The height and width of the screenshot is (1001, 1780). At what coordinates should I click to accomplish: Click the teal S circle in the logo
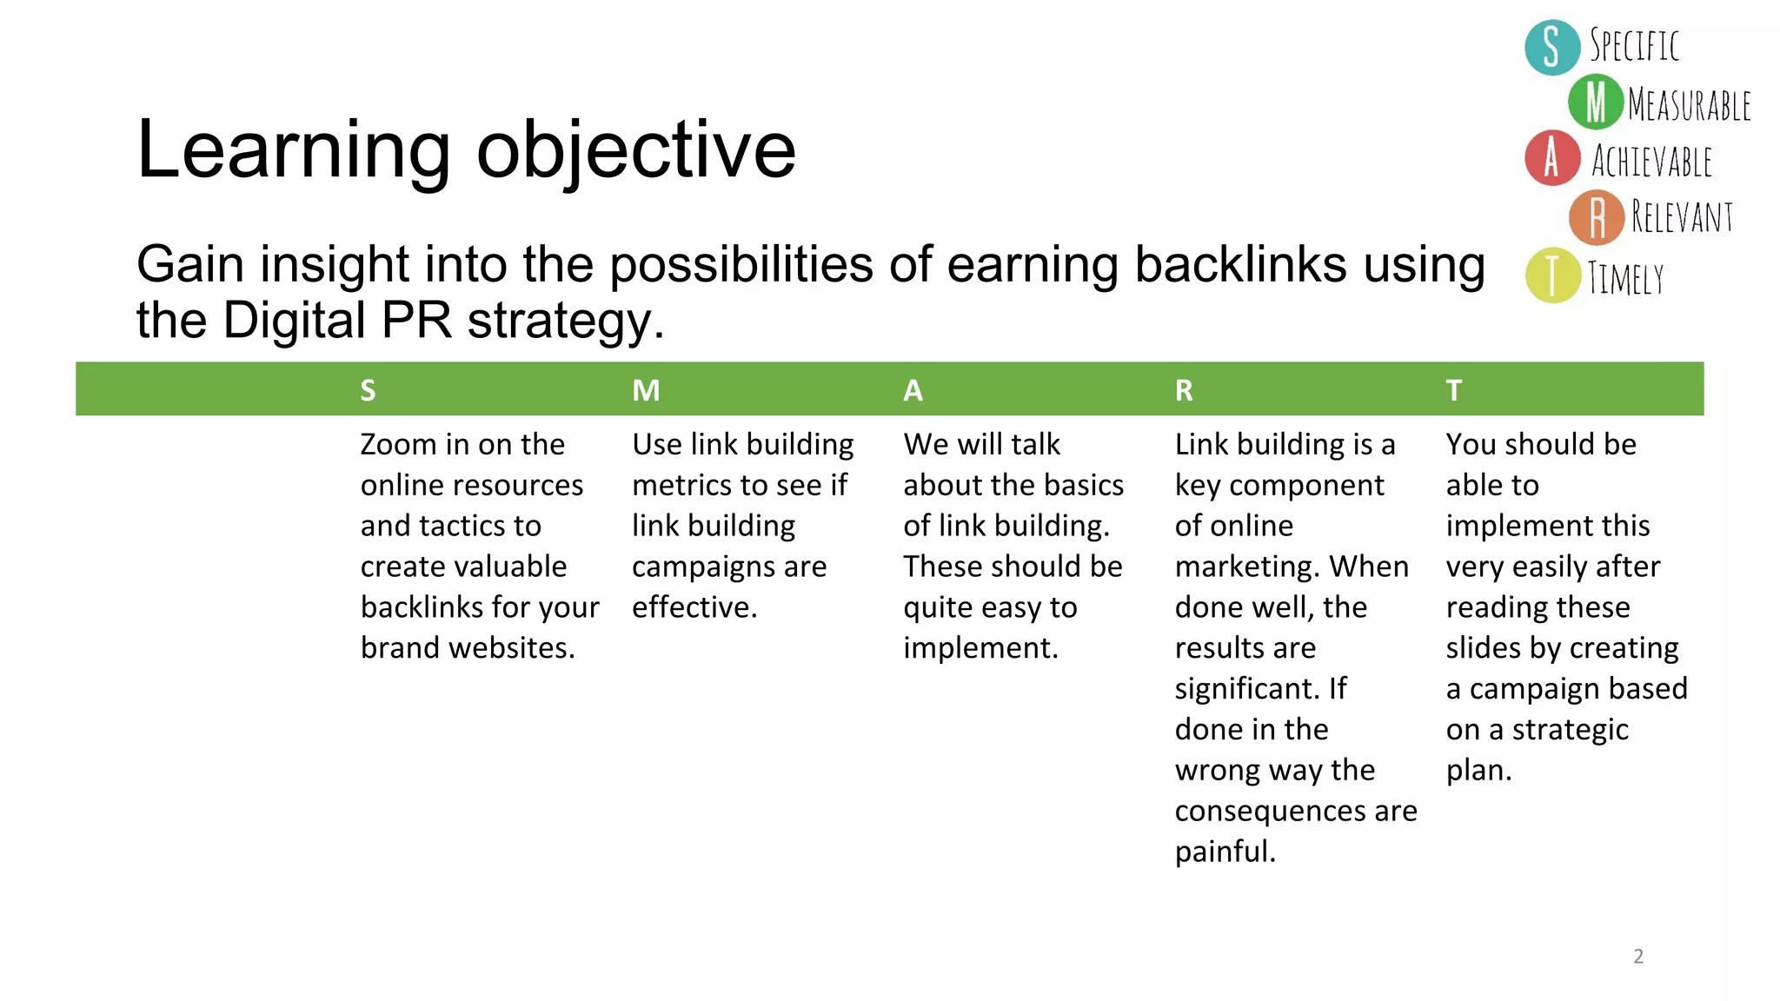coord(1552,47)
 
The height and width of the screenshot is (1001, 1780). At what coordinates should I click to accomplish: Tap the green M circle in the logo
coord(1596,103)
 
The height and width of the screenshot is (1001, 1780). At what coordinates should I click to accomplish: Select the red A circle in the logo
coord(1552,158)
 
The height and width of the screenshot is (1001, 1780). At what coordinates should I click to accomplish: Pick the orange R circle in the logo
coord(1597,217)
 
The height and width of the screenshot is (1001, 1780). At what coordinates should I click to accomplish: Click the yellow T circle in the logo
coord(1552,275)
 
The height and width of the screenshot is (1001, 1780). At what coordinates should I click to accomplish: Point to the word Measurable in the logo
coord(1689,105)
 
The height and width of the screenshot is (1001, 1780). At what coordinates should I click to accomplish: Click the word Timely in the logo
coord(1625,279)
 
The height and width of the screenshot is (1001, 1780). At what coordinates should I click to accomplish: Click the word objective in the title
coord(636,151)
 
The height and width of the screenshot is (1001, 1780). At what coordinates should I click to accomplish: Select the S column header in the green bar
coord(369,390)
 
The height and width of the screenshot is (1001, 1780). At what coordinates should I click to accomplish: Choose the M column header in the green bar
coord(646,390)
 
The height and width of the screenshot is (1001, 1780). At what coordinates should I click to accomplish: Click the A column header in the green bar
coord(913,390)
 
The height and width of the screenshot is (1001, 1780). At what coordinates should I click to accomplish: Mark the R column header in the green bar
coord(1184,390)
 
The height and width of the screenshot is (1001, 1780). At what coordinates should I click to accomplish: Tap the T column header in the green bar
coord(1454,390)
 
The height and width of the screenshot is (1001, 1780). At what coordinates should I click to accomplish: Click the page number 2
coord(1638,956)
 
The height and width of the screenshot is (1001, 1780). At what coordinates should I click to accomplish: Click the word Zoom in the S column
coord(398,445)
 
